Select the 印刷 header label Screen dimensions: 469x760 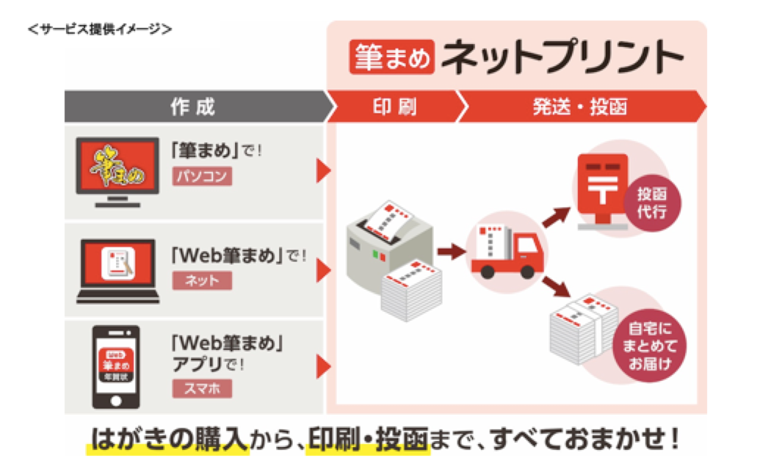395,107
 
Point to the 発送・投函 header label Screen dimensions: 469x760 579,107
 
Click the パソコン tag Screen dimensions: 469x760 202,176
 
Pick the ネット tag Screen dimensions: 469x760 202,280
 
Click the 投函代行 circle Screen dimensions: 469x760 651,201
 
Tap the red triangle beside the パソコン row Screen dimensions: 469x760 323,170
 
